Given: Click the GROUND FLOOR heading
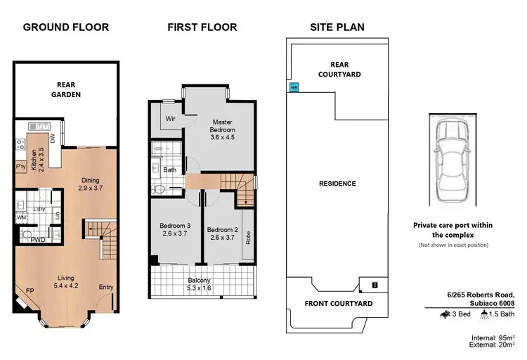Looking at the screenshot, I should (x=65, y=27).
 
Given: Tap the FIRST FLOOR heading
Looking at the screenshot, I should (x=202, y=27).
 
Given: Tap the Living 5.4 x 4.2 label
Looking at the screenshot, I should (x=66, y=283).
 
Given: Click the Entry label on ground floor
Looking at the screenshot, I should (x=106, y=286).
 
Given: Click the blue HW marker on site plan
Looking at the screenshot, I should (x=294, y=88).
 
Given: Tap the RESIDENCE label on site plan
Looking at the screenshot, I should (x=337, y=184).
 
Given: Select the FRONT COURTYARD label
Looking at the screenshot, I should (x=337, y=304).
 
